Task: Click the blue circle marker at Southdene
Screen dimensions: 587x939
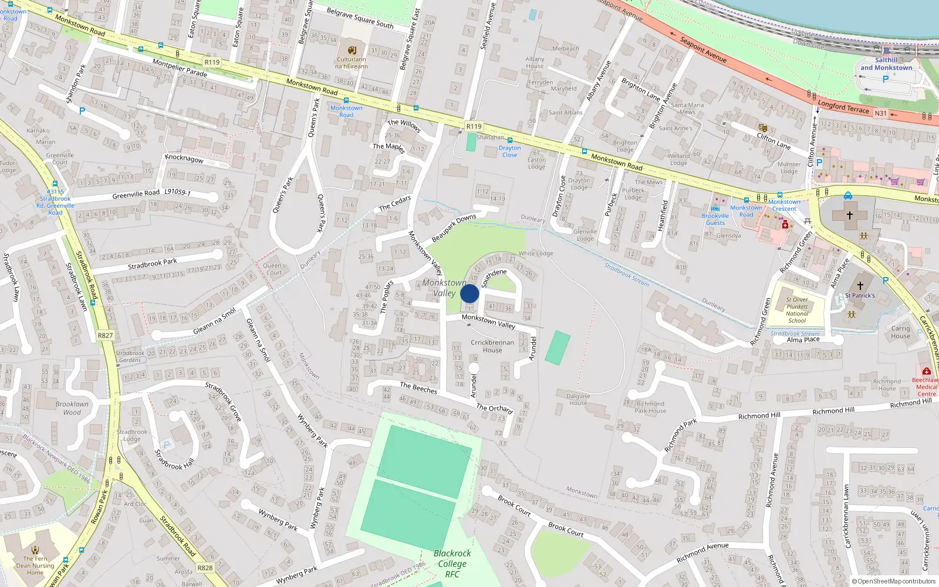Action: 469,293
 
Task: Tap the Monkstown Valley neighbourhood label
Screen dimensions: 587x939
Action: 444,288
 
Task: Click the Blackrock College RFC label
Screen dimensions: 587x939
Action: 452,564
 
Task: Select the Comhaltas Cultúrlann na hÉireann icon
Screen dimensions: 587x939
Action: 352,50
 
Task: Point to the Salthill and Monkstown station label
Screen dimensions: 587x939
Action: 886,64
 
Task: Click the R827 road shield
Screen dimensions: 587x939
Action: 105,336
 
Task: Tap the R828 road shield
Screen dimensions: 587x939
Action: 205,568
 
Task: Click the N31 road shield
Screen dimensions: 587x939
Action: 880,113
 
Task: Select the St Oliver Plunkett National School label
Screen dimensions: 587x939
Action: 797,310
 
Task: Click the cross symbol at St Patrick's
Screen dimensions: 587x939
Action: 860,286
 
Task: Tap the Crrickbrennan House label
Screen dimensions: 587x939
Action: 492,346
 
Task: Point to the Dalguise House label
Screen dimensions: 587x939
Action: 578,399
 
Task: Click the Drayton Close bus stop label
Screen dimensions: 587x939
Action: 509,151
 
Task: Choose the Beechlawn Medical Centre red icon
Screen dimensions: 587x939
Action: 926,371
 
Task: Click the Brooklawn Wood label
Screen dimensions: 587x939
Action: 72,408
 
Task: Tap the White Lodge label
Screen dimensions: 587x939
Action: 535,254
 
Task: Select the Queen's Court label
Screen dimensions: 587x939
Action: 274,269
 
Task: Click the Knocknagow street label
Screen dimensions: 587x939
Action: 184,159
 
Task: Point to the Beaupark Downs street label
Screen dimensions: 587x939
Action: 454,228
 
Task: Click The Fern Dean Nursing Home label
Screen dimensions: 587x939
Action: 35,565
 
